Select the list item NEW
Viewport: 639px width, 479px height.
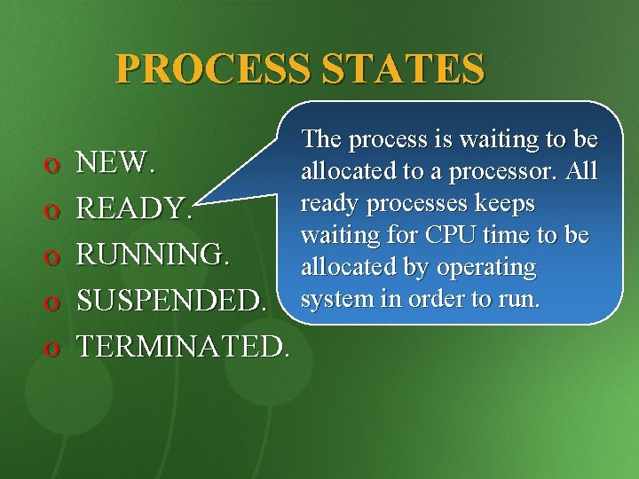click(116, 162)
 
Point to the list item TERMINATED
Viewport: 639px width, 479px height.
click(183, 347)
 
